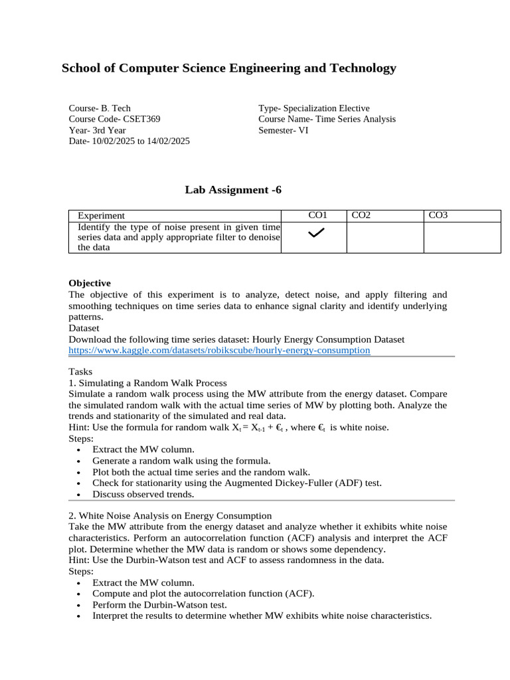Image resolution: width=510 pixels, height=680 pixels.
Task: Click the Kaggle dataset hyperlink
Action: pyautogui.click(x=219, y=350)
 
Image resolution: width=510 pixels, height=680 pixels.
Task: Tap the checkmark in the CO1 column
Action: pyautogui.click(x=317, y=232)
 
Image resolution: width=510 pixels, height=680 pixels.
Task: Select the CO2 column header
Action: pyautogui.click(x=361, y=215)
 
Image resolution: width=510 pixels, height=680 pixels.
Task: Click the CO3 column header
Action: pyautogui.click(x=438, y=215)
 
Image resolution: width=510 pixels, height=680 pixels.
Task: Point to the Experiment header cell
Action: pyautogui.click(x=101, y=215)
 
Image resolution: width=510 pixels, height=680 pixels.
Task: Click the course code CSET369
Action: pyautogui.click(x=141, y=120)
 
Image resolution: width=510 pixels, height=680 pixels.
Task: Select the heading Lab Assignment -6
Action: pyautogui.click(x=233, y=190)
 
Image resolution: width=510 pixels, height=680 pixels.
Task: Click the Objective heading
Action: pyautogui.click(x=90, y=283)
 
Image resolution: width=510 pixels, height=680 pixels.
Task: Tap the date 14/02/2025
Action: pyautogui.click(x=169, y=141)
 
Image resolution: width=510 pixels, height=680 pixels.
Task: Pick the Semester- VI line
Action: pyautogui.click(x=284, y=131)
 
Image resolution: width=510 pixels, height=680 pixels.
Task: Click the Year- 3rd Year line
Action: pyautogui.click(x=97, y=131)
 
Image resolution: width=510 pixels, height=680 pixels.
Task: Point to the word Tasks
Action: pyautogui.click(x=80, y=372)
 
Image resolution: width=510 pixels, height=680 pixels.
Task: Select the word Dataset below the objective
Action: pyautogui.click(x=84, y=328)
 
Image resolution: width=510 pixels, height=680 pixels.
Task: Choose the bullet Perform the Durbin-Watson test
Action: pyautogui.click(x=159, y=605)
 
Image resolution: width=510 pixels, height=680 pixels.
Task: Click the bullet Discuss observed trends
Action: pyautogui.click(x=143, y=494)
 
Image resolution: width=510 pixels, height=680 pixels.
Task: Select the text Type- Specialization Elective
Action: pyautogui.click(x=314, y=108)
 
